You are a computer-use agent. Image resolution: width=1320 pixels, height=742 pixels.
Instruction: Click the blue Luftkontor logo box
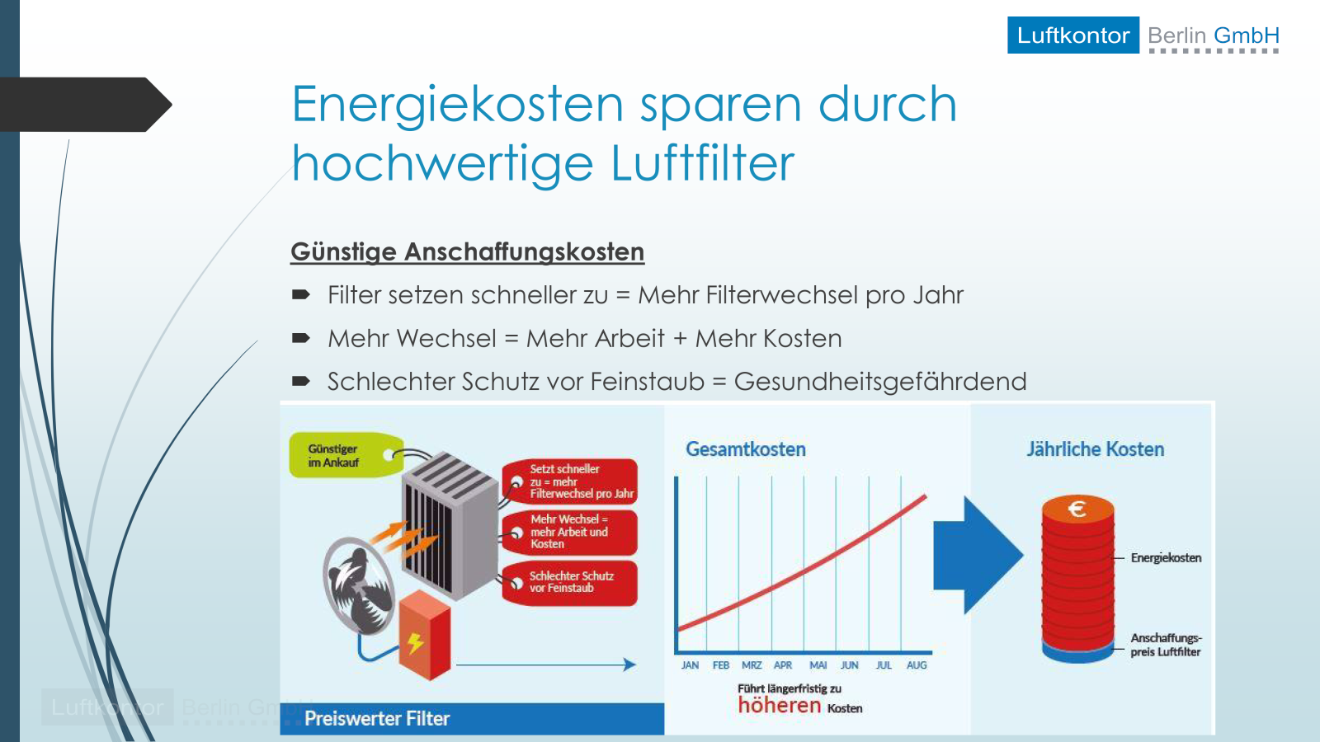pyautogui.click(x=1073, y=35)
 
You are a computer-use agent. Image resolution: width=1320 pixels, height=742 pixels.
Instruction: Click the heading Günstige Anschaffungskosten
pyautogui.click(x=467, y=252)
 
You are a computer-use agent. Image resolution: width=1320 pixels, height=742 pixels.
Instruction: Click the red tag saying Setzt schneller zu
pyautogui.click(x=570, y=481)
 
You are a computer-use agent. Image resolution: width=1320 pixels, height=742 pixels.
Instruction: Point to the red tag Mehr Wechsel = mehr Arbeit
pyautogui.click(x=570, y=532)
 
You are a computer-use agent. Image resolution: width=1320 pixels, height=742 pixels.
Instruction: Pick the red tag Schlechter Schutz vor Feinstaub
pyautogui.click(x=570, y=582)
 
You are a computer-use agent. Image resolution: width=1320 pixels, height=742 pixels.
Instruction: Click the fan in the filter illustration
pyautogui.click(x=359, y=586)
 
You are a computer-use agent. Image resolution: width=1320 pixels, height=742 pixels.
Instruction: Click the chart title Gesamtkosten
pyautogui.click(x=746, y=449)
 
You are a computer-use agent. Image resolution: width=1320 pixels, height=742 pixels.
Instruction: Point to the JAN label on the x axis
pyautogui.click(x=690, y=665)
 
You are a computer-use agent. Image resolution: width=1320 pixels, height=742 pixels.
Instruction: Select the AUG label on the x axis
pyautogui.click(x=917, y=665)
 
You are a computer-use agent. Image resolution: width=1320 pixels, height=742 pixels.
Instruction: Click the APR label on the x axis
pyautogui.click(x=783, y=665)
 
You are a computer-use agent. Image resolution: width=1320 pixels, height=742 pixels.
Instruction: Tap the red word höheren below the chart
pyautogui.click(x=779, y=705)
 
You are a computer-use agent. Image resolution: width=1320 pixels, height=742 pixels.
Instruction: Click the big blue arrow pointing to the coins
pyautogui.click(x=978, y=555)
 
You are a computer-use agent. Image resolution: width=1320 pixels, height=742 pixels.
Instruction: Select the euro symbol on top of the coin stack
pyautogui.click(x=1077, y=509)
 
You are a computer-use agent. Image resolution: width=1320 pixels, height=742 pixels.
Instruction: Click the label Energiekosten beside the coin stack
pyautogui.click(x=1166, y=557)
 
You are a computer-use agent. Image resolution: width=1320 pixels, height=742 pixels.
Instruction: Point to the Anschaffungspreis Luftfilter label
pyautogui.click(x=1166, y=645)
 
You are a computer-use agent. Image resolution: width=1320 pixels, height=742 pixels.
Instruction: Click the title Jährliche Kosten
pyautogui.click(x=1096, y=449)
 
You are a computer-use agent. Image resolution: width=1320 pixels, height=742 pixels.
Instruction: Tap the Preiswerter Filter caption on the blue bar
pyautogui.click(x=376, y=718)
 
